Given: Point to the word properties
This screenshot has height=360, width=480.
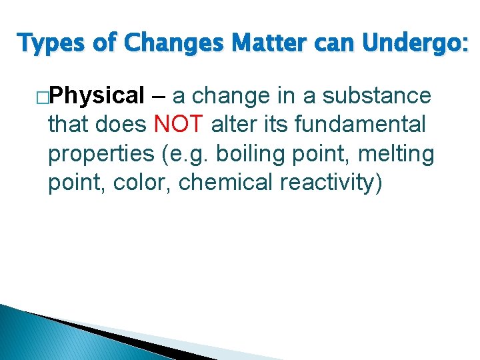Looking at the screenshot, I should point(100,154).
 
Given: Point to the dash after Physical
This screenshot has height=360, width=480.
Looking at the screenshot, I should point(159,97).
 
